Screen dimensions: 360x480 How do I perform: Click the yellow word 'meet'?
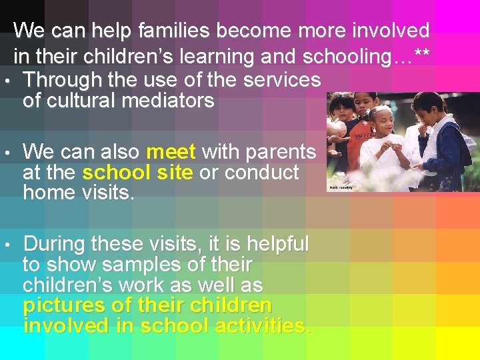pyautogui.click(x=171, y=152)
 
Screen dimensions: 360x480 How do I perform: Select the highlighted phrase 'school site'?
pyautogui.click(x=137, y=173)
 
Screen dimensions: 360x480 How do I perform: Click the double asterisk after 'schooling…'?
pyautogui.click(x=421, y=57)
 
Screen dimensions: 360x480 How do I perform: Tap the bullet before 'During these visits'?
pyautogui.click(x=6, y=245)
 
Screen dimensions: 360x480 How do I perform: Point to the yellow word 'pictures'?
pyautogui.click(x=63, y=306)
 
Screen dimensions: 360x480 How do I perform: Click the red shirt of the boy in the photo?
pyautogui.click(x=361, y=133)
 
